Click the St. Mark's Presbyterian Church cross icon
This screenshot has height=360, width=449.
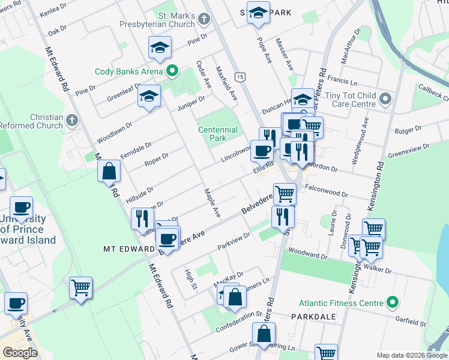204,19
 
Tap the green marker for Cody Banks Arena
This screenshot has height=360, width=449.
172,72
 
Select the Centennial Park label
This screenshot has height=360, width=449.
218,134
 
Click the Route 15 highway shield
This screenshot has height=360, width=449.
240,76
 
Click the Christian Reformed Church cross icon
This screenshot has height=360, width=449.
72,120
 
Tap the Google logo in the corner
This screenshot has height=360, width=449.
20,352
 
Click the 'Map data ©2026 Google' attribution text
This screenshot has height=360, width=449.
411,355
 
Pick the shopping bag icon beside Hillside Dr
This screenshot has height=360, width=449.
109,172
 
